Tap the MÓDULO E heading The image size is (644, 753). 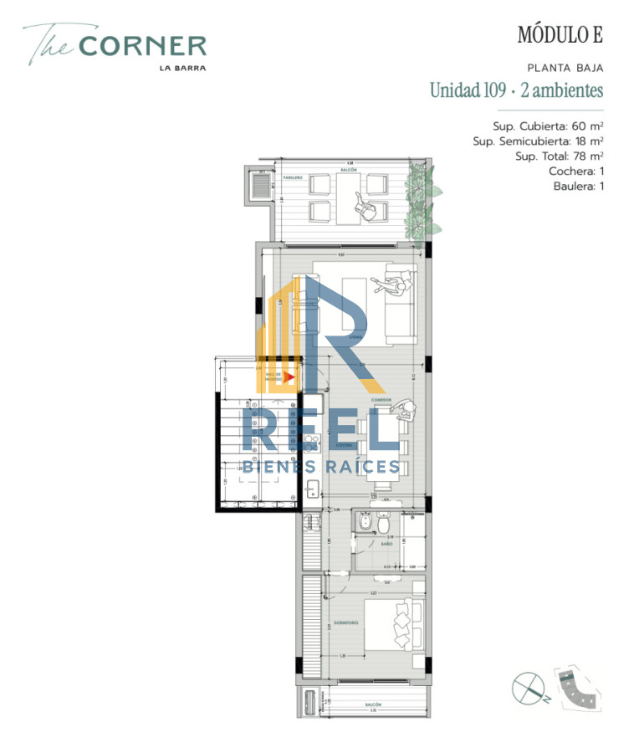(x=560, y=35)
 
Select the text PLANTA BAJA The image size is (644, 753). (x=565, y=68)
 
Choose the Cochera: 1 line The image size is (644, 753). (x=575, y=172)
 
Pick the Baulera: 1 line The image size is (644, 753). (x=578, y=187)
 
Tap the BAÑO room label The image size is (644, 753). (x=386, y=545)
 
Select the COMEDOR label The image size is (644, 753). (x=381, y=401)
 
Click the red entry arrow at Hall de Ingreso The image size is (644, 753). (x=288, y=377)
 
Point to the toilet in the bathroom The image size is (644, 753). (x=381, y=524)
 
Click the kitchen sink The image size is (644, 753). (x=310, y=490)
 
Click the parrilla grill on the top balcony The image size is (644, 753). (x=258, y=187)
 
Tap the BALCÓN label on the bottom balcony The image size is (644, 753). (x=373, y=705)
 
